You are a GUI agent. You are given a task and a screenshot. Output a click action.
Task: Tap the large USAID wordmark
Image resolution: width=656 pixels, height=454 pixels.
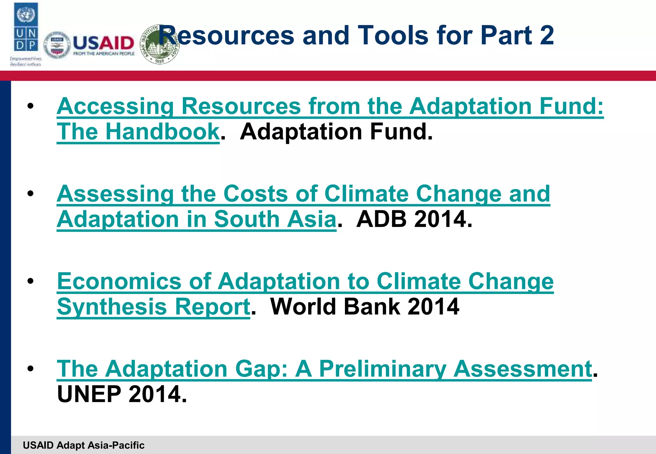pyautogui.click(x=103, y=43)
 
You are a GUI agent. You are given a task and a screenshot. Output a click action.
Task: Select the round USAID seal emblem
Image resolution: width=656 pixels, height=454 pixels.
pyautogui.click(x=57, y=45)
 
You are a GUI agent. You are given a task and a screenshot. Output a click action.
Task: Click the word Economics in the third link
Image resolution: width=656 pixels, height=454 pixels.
pyautogui.click(x=119, y=281)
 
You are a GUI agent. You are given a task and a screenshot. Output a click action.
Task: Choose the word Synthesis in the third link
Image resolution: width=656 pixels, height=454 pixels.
pyautogui.click(x=112, y=307)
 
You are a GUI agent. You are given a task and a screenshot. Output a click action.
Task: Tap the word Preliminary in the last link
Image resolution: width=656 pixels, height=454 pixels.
pyautogui.click(x=382, y=369)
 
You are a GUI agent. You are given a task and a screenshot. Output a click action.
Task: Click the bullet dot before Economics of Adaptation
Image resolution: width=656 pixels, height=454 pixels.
pyautogui.click(x=30, y=281)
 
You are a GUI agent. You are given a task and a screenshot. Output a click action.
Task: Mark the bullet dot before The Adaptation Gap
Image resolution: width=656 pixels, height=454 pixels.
pyautogui.click(x=30, y=369)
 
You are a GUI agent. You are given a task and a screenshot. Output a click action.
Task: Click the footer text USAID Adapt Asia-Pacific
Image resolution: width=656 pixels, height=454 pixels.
pyautogui.click(x=84, y=445)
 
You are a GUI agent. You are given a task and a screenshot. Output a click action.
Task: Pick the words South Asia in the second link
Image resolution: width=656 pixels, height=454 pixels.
pyautogui.click(x=275, y=219)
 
